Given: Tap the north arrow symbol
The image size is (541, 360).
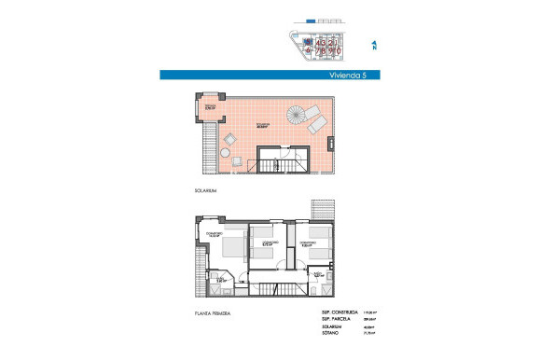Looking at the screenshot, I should pyautogui.click(x=374, y=44).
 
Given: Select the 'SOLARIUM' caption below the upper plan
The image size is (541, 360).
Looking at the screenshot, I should pyautogui.click(x=205, y=190).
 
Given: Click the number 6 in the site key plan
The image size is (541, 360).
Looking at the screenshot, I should pyautogui.click(x=307, y=51).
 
